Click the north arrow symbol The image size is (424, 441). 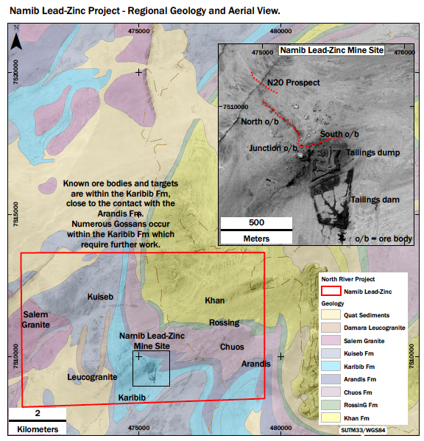coord(17,39)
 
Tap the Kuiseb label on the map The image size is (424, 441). coord(100,297)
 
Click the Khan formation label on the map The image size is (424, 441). coord(214,300)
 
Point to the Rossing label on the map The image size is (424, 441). coord(224,322)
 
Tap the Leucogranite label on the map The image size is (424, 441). coord(92,377)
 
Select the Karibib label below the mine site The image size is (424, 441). coord(134,398)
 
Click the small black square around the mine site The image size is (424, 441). coord(151,368)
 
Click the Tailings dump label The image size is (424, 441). coord(373,153)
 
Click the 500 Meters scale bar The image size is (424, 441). coord(256,230)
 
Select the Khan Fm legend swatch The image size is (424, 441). coord(332,417)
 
